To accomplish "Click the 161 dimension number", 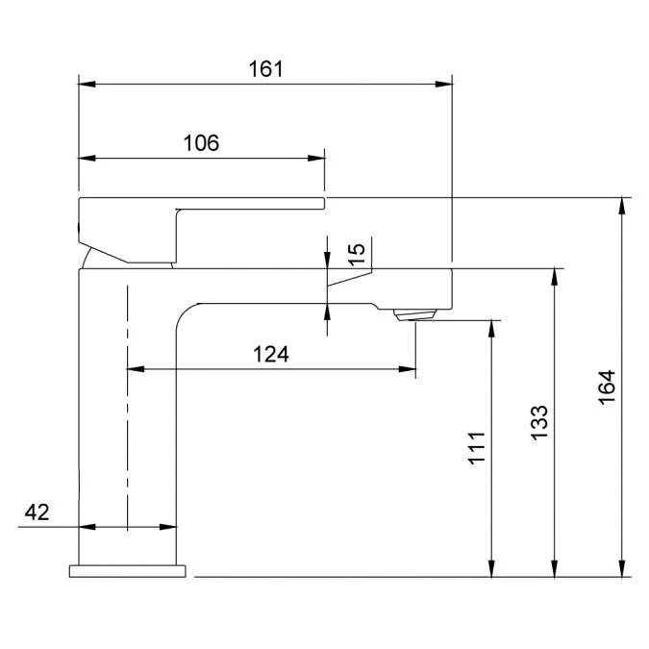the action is tap(265, 69).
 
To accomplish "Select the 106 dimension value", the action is tap(201, 143).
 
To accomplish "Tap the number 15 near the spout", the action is tap(357, 255).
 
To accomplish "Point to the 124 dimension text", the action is tap(271, 355).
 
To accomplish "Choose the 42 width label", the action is tap(37, 512).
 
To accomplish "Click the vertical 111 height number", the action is tap(476, 448).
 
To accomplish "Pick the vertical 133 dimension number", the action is tap(539, 423).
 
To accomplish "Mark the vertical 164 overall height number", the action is tap(607, 387).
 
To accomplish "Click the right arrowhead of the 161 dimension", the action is tap(443, 84).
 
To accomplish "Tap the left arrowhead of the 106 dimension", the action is tap(87, 158).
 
